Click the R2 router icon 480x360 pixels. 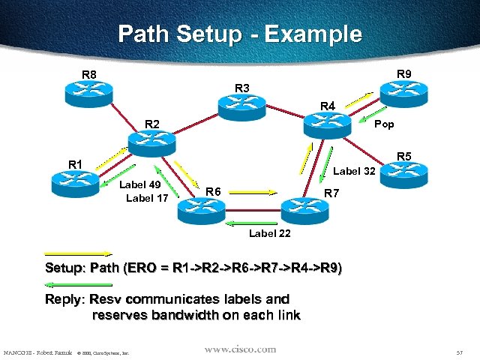click(151, 142)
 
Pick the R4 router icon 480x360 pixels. click(327, 124)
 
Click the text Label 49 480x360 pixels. click(140, 185)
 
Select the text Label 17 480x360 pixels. click(147, 199)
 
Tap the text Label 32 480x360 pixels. click(354, 171)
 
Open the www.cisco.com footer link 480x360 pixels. click(240, 349)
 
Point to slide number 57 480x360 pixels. click(459, 352)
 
